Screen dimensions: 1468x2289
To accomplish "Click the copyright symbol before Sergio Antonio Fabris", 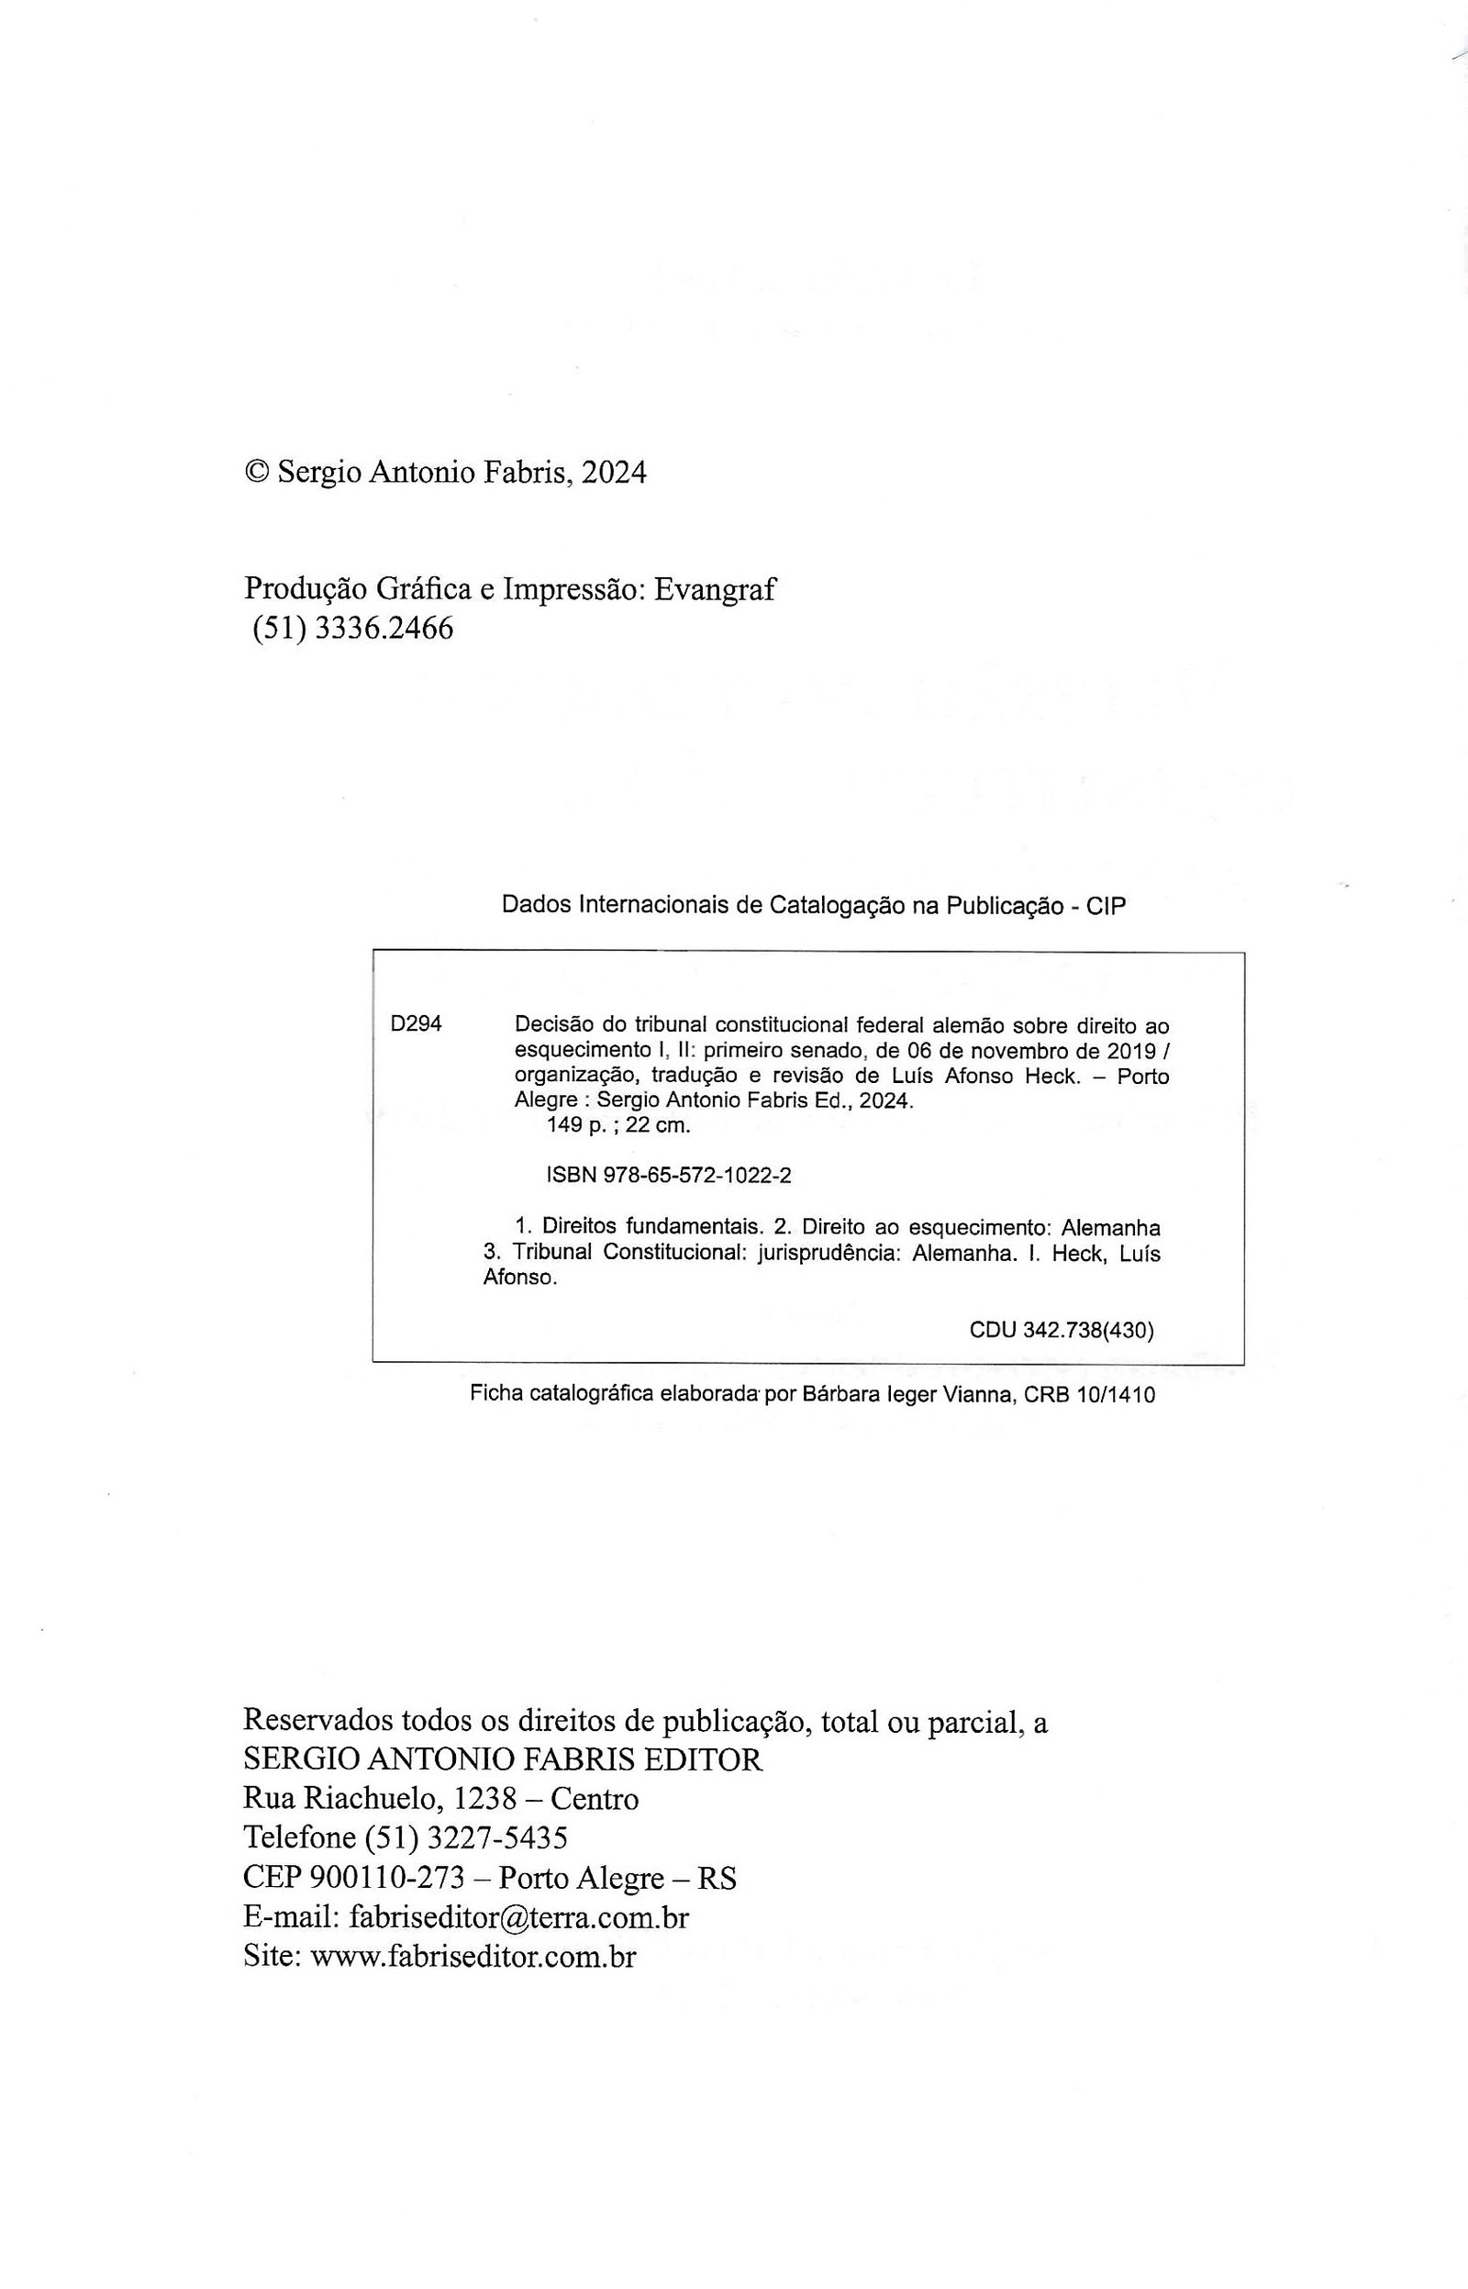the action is (256, 472).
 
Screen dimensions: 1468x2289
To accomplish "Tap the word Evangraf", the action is (716, 590).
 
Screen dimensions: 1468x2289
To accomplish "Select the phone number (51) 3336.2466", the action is (352, 630).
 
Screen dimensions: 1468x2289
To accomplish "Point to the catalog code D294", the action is (417, 1024).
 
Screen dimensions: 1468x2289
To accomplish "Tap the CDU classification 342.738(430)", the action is (1087, 1330).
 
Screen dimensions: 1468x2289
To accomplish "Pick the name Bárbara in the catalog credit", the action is (838, 1395).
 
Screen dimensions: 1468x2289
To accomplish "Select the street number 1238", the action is (485, 1799).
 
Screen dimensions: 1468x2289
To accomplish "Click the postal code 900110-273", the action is (386, 1877).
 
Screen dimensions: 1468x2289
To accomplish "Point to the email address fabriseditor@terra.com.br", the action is (518, 1916).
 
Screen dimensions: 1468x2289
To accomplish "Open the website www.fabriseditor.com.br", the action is (473, 1956).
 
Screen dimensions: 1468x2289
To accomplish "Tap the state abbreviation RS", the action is (717, 1877).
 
